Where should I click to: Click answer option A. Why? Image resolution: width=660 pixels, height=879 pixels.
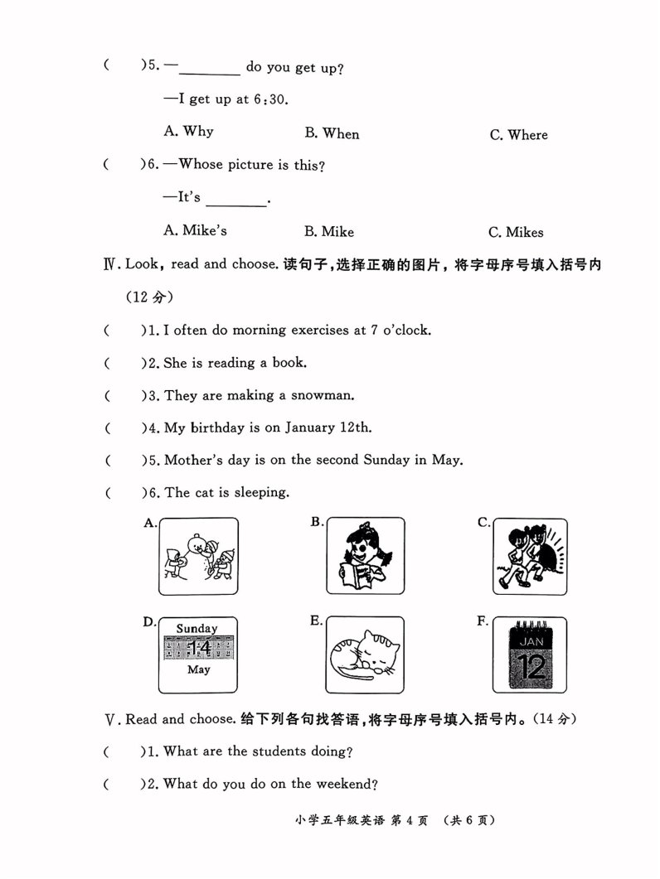pos(189,131)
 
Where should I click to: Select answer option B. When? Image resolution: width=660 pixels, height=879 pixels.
pos(332,133)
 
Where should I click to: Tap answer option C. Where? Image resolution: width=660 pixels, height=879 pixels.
pos(518,135)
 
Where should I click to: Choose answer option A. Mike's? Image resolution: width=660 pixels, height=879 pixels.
pos(196,230)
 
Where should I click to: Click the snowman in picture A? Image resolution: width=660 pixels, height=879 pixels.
pos(197,558)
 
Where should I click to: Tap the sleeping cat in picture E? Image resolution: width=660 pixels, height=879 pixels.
pos(364,654)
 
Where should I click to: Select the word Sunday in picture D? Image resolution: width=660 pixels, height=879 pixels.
pos(197,628)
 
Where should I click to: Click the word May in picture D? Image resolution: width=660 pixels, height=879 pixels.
pos(198,669)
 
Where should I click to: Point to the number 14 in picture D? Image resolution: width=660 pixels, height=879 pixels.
pos(198,648)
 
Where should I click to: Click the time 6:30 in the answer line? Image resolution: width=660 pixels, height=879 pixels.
pos(269,99)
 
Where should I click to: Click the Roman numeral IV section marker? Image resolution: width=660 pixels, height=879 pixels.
pos(109,264)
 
